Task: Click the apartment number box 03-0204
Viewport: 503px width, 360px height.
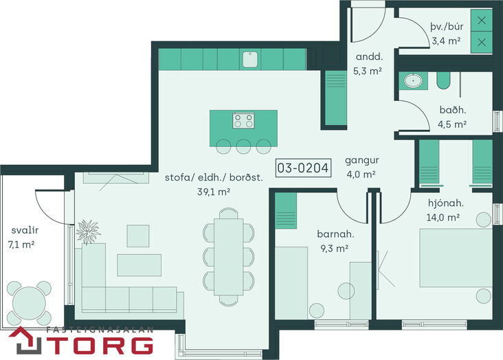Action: click(x=303, y=168)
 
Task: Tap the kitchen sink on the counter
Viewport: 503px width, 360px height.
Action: click(x=250, y=59)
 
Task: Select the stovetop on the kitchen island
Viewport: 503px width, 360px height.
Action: click(x=243, y=120)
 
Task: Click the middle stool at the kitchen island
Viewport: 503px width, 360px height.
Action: click(x=243, y=146)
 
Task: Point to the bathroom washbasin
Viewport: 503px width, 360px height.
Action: click(x=413, y=80)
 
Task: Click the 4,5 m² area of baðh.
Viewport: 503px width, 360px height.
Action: click(x=452, y=124)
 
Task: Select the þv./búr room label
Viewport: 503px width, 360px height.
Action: click(x=447, y=26)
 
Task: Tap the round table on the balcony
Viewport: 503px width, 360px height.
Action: click(x=29, y=303)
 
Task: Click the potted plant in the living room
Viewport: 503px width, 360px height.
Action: click(x=88, y=232)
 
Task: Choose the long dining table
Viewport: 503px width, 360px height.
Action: click(x=229, y=257)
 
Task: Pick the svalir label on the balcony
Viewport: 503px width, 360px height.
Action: click(x=25, y=230)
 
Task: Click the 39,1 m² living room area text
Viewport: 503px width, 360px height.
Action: click(x=214, y=192)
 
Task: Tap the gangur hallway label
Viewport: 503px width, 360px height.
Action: click(x=362, y=161)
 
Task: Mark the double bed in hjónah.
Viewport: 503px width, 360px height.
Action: click(x=456, y=258)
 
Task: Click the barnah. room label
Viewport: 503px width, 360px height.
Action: click(x=335, y=234)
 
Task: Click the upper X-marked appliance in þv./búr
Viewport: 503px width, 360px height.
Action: click(x=482, y=21)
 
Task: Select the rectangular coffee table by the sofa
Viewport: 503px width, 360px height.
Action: click(x=139, y=265)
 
